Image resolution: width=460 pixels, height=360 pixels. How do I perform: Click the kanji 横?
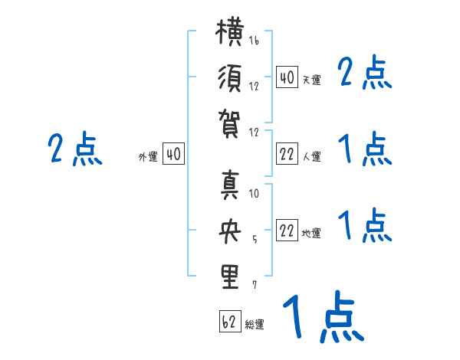coord(230,31)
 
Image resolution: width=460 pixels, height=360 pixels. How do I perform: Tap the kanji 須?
coord(230,78)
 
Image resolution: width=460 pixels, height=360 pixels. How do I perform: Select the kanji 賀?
coord(229,124)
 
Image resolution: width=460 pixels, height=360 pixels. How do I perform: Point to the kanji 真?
coord(230,185)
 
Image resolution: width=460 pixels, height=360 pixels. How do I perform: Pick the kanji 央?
coord(230,231)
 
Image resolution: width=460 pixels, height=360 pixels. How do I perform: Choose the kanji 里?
coord(230,277)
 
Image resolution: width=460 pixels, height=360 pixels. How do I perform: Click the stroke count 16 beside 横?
coord(254,40)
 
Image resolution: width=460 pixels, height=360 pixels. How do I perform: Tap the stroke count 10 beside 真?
coord(254,193)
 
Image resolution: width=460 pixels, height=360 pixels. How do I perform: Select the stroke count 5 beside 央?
coord(255,240)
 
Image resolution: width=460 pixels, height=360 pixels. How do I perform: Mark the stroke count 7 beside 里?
coord(255,285)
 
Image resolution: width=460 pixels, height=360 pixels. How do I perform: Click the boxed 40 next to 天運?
coord(287,77)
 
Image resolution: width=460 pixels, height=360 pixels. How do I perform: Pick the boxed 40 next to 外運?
coord(173,154)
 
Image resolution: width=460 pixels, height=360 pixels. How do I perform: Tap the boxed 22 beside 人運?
coord(287,154)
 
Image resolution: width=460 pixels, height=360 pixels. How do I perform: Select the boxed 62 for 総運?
coord(230,321)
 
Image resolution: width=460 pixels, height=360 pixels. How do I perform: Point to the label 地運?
coord(311,234)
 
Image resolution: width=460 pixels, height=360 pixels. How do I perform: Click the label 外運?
coord(148,157)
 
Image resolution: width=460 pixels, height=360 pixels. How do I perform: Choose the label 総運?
coord(255,325)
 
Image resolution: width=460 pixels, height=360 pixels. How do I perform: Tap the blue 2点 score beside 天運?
coord(365,72)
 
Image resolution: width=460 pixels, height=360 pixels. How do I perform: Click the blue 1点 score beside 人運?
coord(365,149)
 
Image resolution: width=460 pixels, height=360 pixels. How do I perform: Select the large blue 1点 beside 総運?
coord(324,316)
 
